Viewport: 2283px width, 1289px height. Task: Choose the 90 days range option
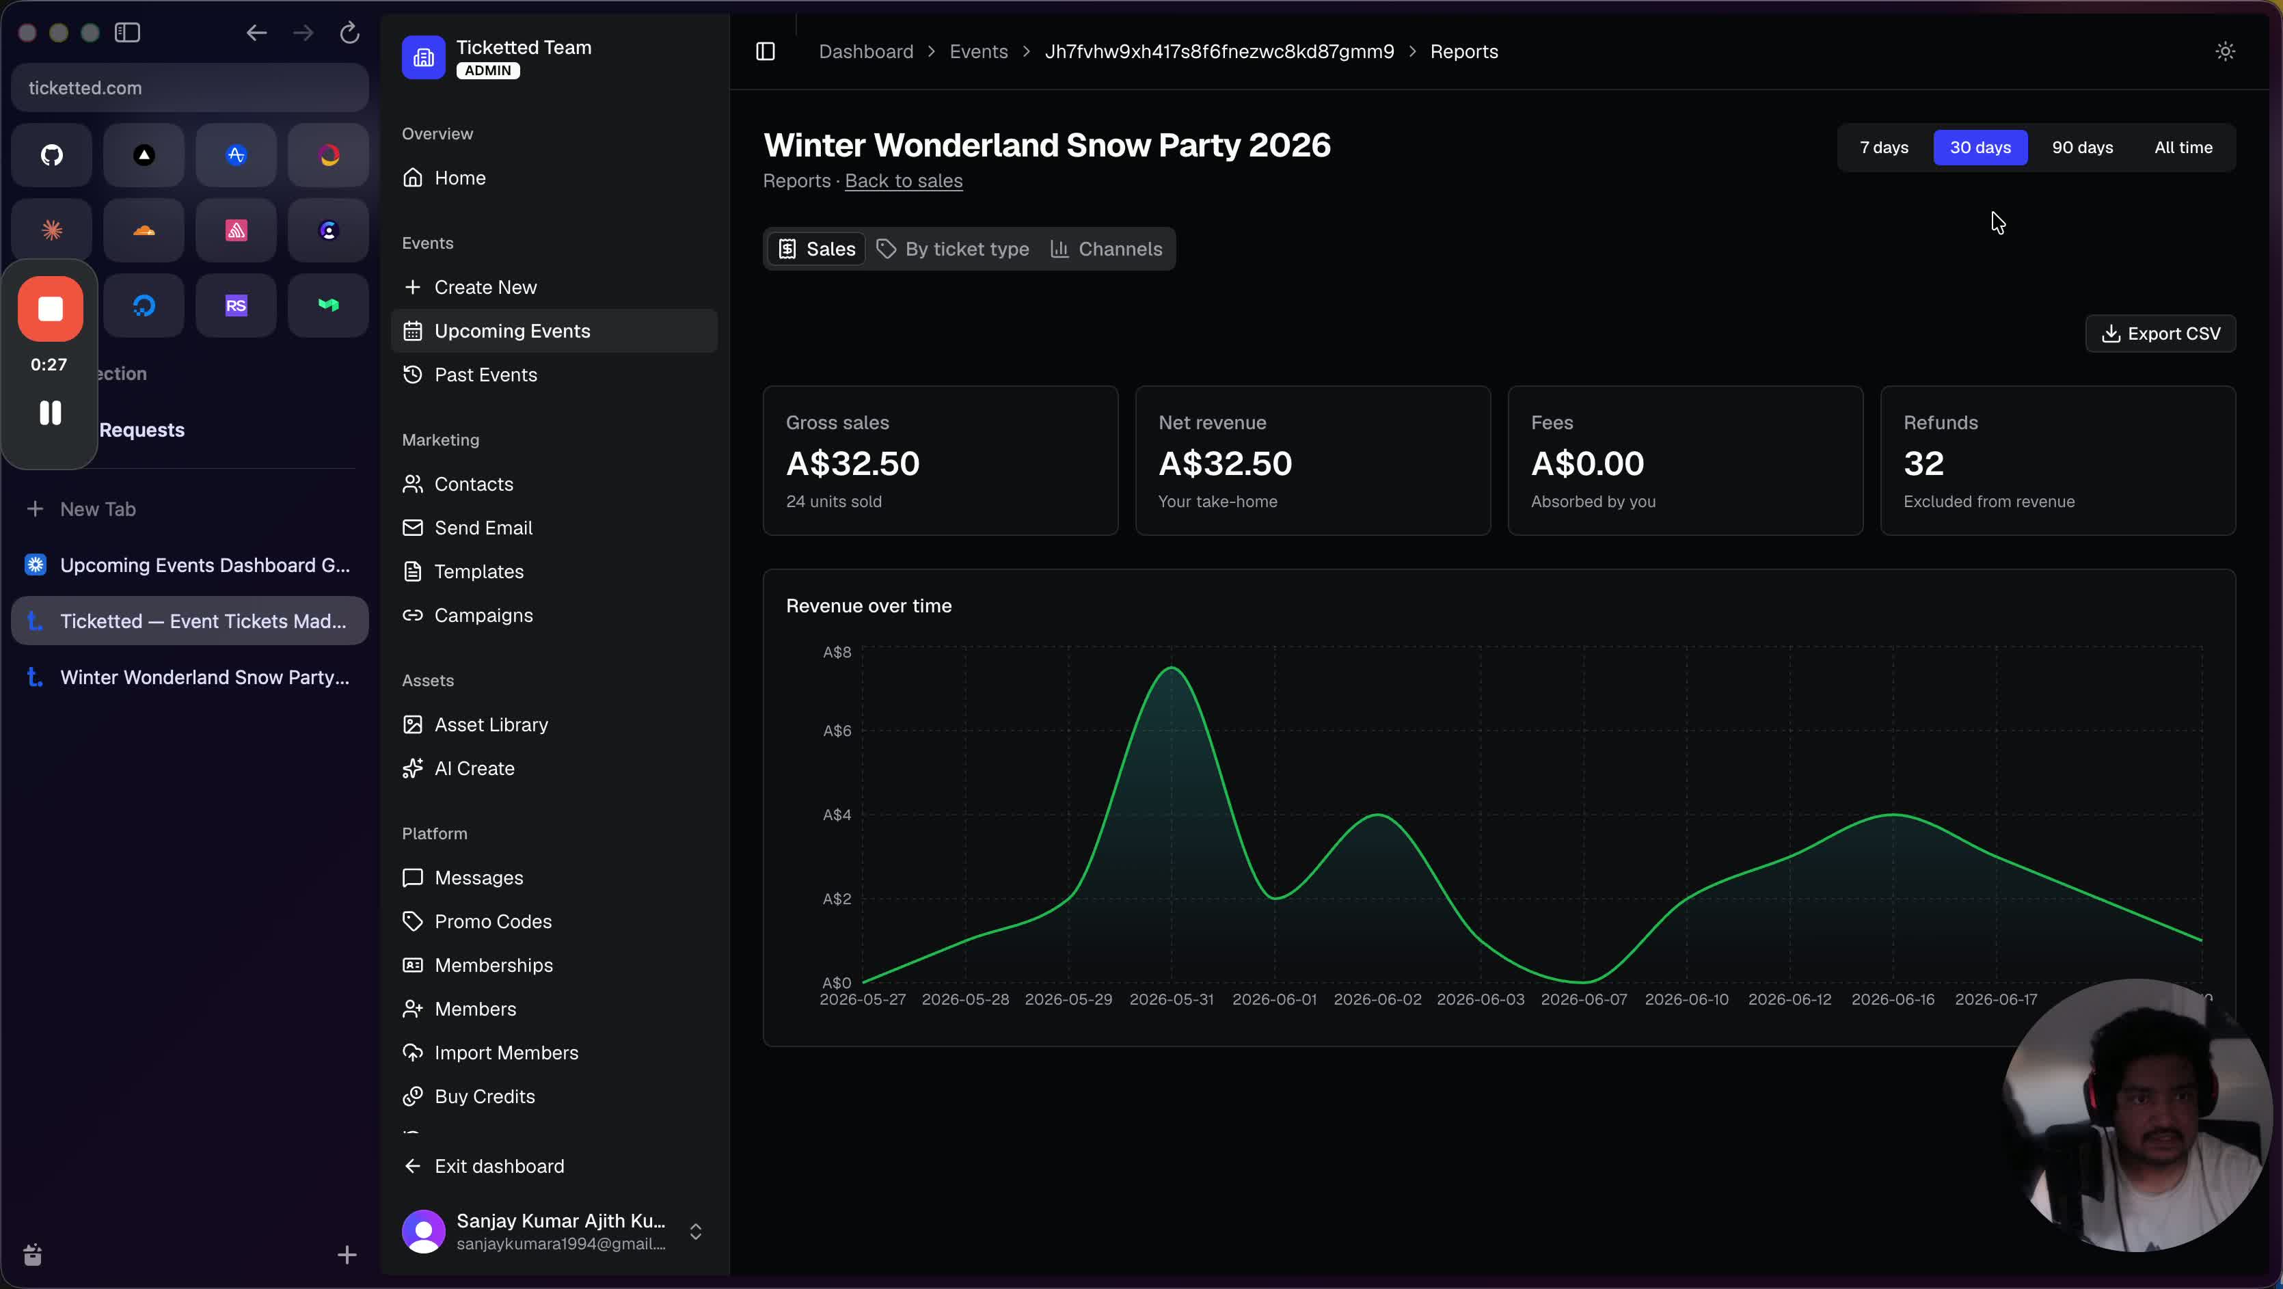(2082, 148)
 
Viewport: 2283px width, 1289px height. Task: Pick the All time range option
(2183, 148)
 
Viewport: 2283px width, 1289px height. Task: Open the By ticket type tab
(953, 249)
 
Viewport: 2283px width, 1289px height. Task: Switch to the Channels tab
(1106, 249)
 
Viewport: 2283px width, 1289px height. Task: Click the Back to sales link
(903, 180)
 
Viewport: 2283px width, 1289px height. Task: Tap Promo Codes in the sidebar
(493, 921)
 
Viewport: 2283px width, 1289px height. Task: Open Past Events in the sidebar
(486, 375)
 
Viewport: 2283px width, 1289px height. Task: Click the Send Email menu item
(483, 528)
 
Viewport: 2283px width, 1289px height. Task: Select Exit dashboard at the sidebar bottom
(499, 1166)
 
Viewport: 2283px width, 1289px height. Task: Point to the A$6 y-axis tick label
(837, 731)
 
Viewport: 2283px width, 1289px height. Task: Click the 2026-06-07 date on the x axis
(1584, 999)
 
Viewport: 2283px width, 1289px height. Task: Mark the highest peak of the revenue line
(1172, 667)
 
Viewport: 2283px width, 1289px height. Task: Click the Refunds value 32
(1923, 463)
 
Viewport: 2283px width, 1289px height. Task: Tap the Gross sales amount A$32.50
(852, 463)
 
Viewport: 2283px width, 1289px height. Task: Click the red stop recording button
(51, 308)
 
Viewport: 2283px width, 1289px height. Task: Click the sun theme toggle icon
(2224, 51)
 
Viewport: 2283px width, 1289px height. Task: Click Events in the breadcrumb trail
(978, 51)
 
